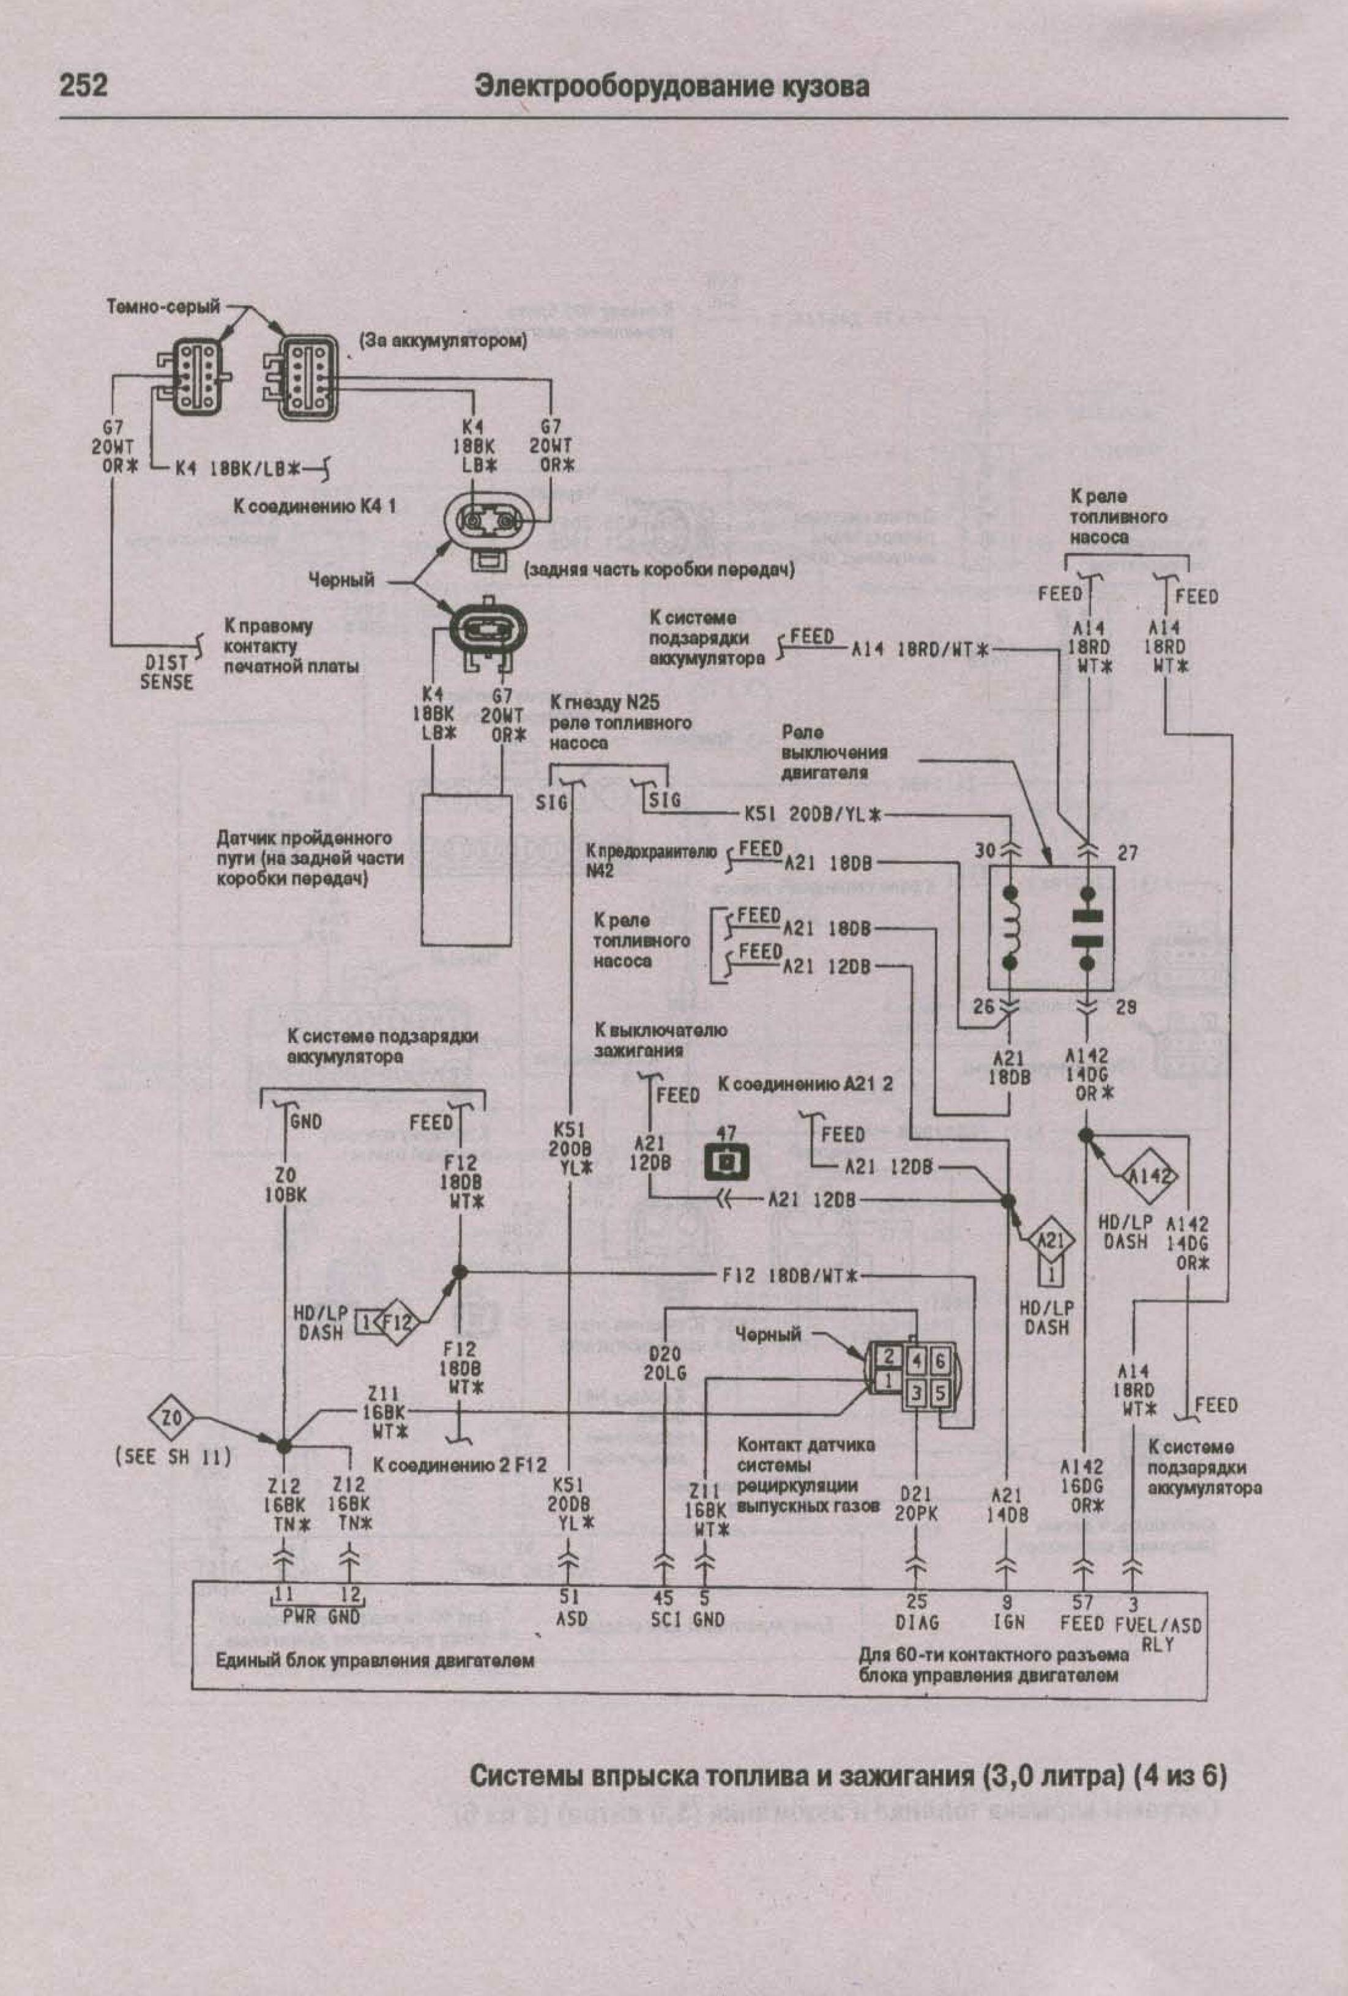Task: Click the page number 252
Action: pos(83,86)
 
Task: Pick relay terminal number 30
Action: pos(985,850)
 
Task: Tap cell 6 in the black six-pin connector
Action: pos(940,1360)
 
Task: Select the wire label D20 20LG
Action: pos(665,1363)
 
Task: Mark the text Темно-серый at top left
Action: pos(163,306)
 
